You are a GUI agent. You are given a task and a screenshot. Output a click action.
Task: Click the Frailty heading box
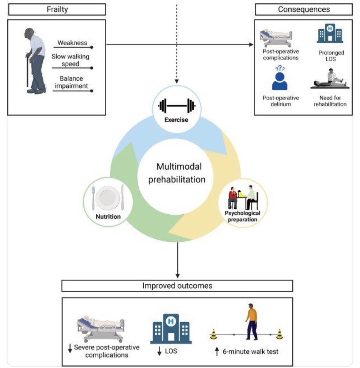57,10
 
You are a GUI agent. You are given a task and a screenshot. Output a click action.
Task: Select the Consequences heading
304,10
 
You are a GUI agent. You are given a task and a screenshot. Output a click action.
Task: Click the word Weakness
72,43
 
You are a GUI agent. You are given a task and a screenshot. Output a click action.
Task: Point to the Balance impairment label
71,82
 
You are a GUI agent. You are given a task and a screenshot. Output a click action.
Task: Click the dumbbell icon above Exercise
177,106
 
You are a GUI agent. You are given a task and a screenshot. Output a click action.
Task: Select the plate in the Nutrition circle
107,198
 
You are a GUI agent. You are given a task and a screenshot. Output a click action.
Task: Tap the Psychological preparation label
242,216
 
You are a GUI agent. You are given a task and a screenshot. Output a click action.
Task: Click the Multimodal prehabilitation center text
177,173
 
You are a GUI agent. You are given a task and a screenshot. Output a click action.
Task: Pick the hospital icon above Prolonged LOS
330,34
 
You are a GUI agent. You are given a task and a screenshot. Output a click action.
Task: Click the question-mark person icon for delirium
280,79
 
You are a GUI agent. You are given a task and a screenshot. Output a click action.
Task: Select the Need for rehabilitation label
330,101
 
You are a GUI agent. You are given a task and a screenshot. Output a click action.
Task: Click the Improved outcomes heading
177,286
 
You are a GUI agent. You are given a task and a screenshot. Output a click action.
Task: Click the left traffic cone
214,334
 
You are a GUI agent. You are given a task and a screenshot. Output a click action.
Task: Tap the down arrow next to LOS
159,351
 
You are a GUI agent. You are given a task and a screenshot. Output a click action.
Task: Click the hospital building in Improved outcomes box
171,329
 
